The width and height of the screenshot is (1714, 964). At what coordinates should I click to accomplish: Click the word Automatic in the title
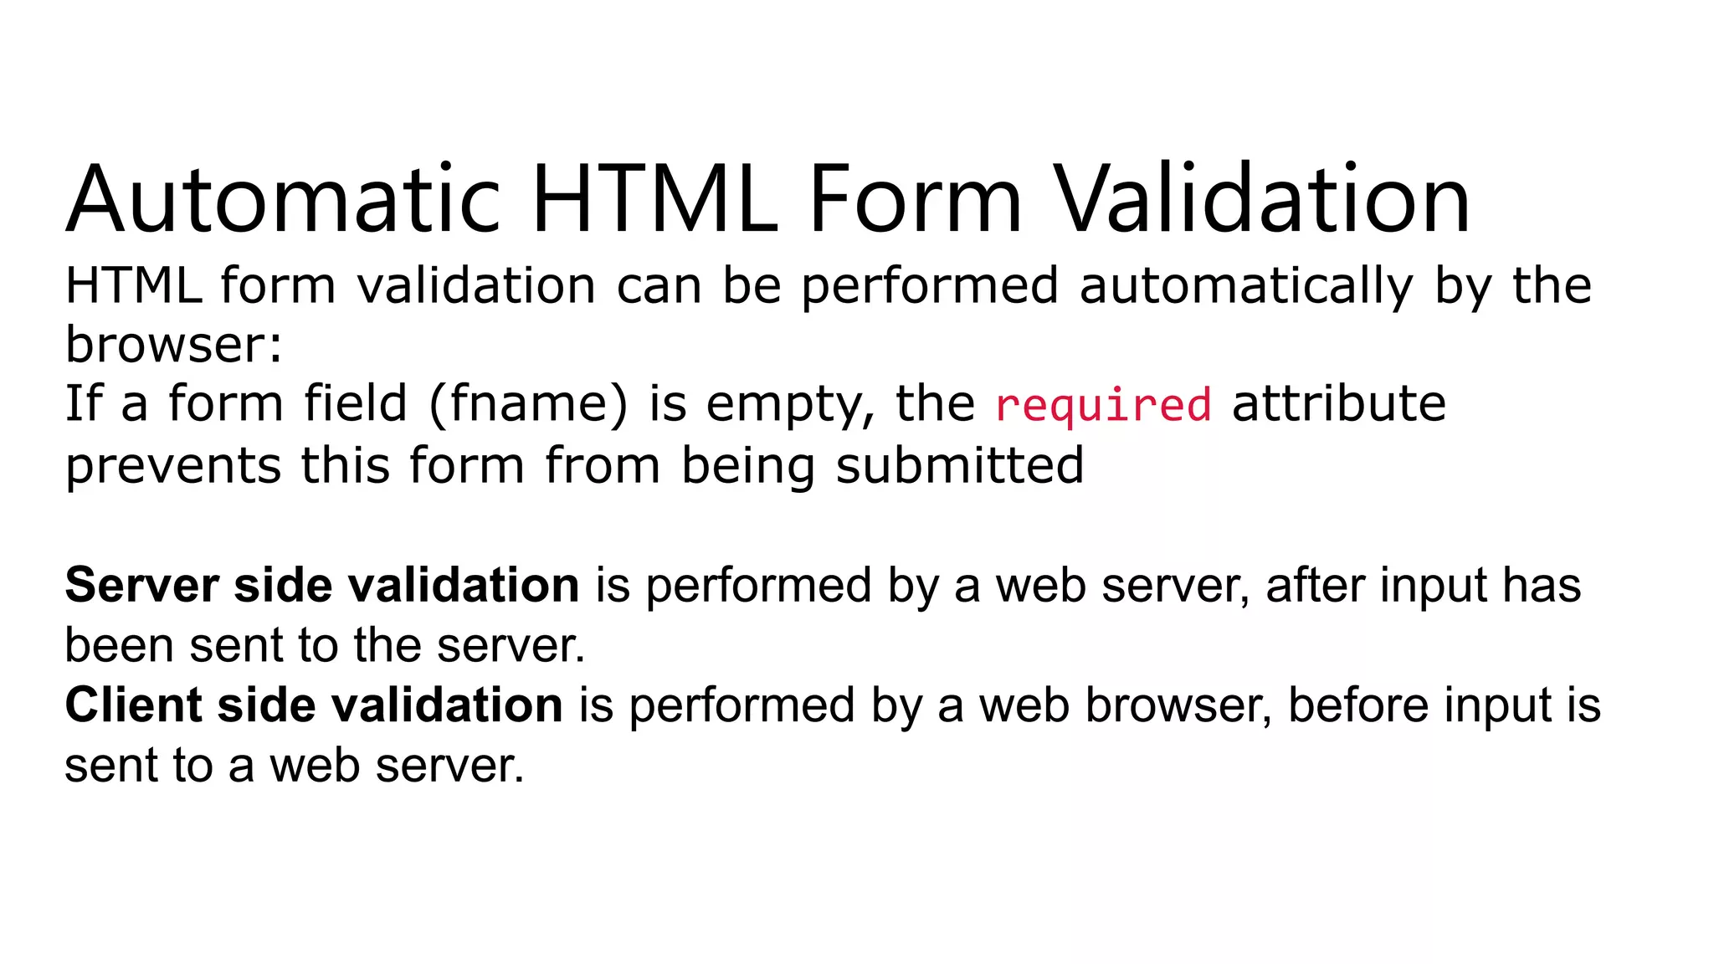pos(284,201)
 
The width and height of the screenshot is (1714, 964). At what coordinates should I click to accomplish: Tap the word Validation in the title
pos(1260,201)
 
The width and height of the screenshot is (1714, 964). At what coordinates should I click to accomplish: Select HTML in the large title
pos(655,201)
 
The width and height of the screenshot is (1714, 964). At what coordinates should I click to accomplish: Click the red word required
pos(1103,406)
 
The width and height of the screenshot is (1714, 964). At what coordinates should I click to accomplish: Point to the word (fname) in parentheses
pos(527,405)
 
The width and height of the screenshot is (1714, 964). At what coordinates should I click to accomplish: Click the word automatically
pos(1246,287)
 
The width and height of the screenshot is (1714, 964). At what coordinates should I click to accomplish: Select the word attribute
pos(1339,404)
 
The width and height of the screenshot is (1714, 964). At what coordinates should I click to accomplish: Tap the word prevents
pos(173,466)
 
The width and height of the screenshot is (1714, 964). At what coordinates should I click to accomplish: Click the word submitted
pos(959,465)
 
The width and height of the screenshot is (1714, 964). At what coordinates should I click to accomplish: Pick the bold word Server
pos(141,585)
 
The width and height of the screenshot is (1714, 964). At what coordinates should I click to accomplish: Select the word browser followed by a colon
pos(174,345)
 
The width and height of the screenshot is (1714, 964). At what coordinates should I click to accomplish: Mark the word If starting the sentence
pos(83,404)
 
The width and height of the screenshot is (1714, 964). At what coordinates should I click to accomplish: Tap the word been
pos(118,645)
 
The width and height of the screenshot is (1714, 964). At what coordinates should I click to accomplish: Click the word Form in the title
pos(915,201)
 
